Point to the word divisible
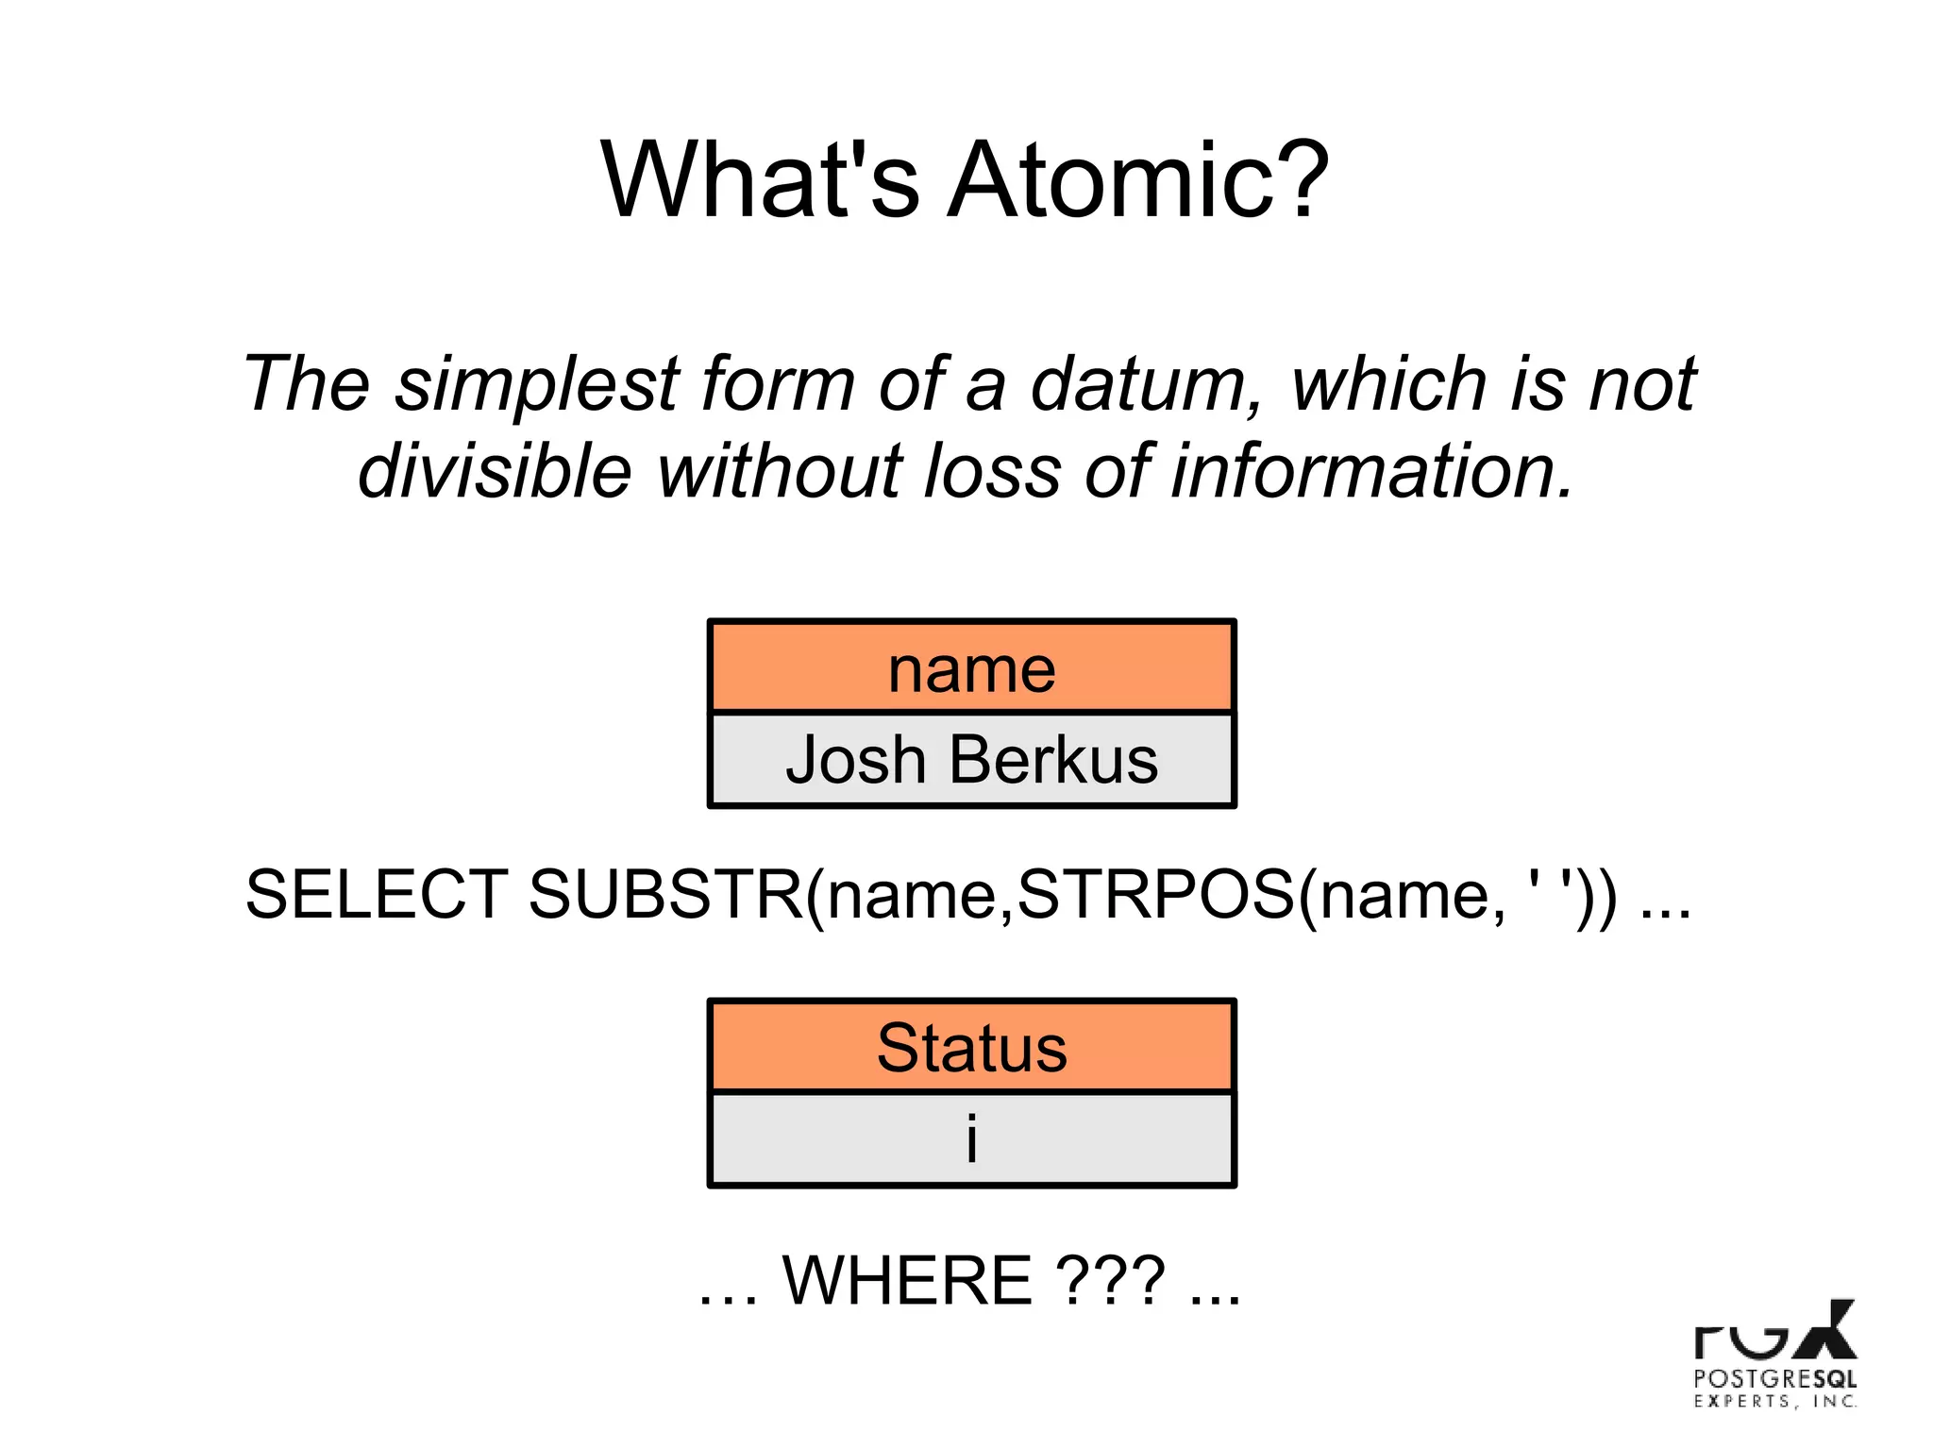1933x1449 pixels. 495,470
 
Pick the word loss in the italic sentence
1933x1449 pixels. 991,470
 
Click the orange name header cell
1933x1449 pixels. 971,667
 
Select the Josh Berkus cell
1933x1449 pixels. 971,759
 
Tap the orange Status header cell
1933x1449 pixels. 971,1047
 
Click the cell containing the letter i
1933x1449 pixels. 971,1138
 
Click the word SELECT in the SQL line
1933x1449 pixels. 377,894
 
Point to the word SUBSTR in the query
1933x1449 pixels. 665,894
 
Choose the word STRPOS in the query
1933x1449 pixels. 1155,894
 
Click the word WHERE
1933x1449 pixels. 907,1281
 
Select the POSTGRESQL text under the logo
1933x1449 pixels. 1774,1378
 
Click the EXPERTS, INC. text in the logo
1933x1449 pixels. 1774,1402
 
